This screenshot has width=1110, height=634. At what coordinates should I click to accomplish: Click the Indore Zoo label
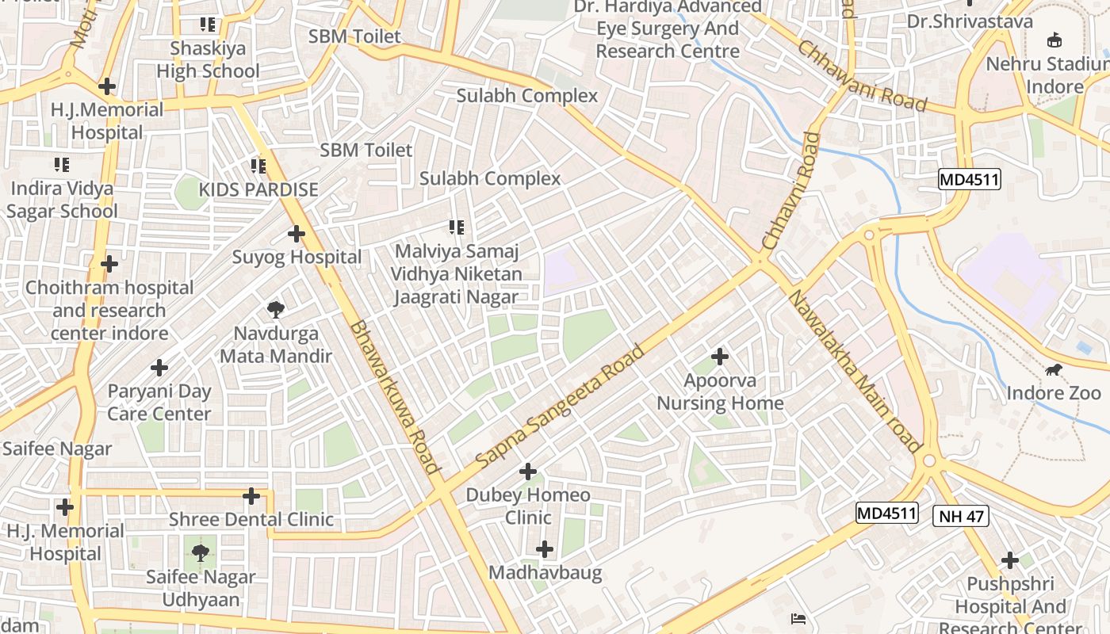(x=1054, y=393)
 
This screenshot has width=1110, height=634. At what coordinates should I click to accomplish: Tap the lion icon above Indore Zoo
(x=1054, y=370)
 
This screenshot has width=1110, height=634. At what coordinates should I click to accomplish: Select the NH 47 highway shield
(x=960, y=517)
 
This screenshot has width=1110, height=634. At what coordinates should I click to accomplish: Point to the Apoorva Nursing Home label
(x=720, y=391)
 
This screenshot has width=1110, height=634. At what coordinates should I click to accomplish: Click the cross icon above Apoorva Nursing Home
(x=720, y=357)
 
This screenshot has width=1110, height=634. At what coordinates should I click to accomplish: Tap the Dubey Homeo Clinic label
(x=528, y=506)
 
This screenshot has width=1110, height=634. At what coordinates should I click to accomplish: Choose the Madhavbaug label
(x=545, y=572)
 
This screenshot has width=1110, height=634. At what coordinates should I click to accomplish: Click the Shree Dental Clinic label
(x=251, y=520)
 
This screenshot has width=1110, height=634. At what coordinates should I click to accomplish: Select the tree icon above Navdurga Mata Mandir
(x=275, y=309)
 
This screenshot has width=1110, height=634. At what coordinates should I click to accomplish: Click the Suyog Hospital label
(x=297, y=257)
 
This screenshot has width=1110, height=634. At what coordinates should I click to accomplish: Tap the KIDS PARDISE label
(x=258, y=189)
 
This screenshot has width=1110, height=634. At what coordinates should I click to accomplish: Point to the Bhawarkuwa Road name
(x=394, y=396)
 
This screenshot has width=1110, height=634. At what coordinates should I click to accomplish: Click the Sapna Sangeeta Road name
(x=561, y=406)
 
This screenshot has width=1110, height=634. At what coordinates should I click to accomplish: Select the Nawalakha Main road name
(x=854, y=371)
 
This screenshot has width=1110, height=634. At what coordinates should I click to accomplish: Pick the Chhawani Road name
(x=862, y=76)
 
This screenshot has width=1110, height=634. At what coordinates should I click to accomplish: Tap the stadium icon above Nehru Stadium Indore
(x=1054, y=40)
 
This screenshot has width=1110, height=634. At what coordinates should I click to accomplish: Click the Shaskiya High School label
(x=208, y=59)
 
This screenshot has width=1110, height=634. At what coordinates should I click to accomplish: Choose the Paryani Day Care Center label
(x=159, y=402)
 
